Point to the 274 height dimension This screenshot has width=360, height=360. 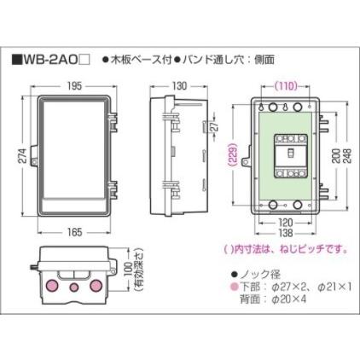(16, 155)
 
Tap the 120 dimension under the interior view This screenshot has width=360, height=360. (285, 221)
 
